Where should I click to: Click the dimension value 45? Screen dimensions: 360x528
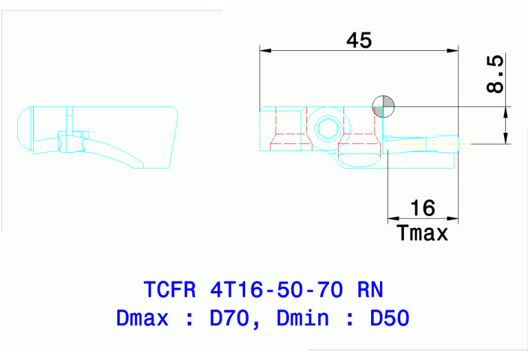(359, 41)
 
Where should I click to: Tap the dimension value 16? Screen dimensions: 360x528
(422, 208)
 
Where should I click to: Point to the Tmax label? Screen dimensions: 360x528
(423, 233)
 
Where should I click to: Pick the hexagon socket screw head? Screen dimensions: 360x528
(326, 128)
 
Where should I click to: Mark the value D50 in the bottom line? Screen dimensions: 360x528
(390, 318)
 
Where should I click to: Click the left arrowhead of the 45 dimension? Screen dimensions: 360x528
(265, 50)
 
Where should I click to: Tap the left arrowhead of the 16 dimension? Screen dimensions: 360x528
(393, 218)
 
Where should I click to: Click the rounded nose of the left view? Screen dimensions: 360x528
(21, 129)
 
